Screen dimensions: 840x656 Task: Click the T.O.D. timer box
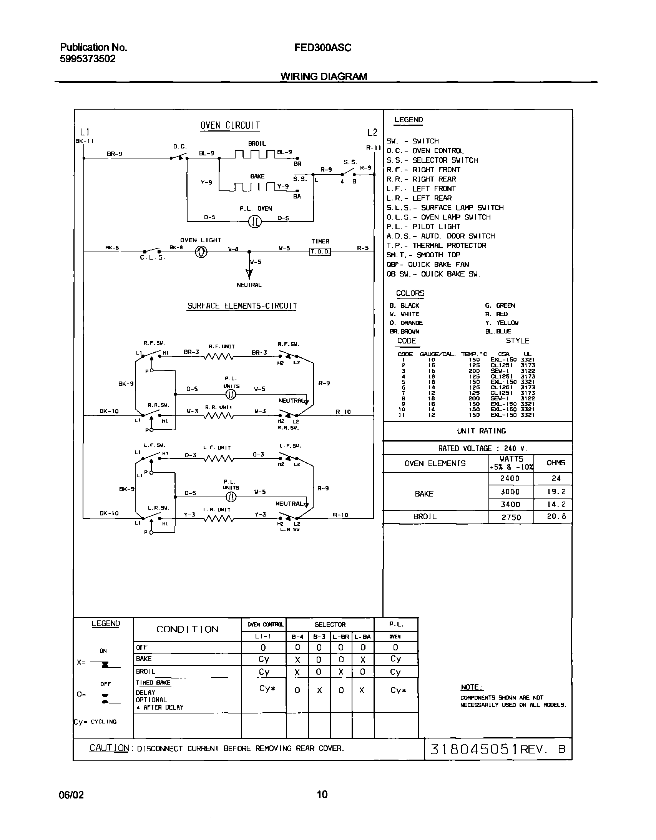(x=320, y=252)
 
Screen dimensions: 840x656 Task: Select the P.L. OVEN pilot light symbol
(x=255, y=222)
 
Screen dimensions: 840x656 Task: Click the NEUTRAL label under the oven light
(x=249, y=285)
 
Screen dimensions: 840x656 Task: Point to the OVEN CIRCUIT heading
(x=230, y=126)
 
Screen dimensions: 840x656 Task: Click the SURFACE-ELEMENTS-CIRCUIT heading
(x=242, y=306)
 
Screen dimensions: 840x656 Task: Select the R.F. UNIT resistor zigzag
(x=218, y=357)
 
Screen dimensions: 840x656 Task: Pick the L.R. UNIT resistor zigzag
(x=218, y=518)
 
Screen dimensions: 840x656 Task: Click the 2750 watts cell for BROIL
(x=511, y=517)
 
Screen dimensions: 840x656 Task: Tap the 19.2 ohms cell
(x=556, y=492)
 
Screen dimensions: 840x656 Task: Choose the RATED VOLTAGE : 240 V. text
(x=483, y=448)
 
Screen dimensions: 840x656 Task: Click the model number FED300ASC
(x=323, y=48)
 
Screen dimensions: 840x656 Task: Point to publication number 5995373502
(x=88, y=59)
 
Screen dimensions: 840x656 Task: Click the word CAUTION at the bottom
(x=109, y=748)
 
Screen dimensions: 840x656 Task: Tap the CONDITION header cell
(x=188, y=630)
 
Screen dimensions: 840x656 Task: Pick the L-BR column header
(x=341, y=637)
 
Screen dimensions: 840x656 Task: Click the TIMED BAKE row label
(x=153, y=683)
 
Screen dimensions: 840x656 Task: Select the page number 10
(x=322, y=794)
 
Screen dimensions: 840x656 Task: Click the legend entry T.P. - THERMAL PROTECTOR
(x=436, y=246)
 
